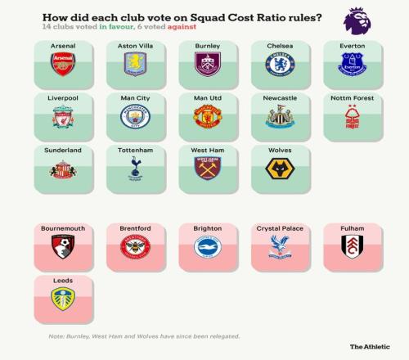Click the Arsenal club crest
[x=63, y=64]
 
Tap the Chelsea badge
[x=280, y=65]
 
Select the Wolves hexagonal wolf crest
[x=280, y=169]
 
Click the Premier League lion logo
[x=357, y=21]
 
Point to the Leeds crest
[x=63, y=299]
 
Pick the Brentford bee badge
[x=135, y=247]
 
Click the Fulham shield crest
[x=353, y=246]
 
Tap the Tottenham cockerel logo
[x=135, y=169]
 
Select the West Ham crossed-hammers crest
[x=208, y=169]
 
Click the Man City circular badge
[x=135, y=116]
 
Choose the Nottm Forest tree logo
[x=353, y=116]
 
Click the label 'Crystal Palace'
[x=280, y=228]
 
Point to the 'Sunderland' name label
[x=63, y=151]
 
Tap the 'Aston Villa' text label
[x=135, y=46]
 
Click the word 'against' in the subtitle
[x=182, y=27]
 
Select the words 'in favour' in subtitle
[x=116, y=27]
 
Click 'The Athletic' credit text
[x=370, y=347]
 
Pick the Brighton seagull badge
[x=208, y=247]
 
